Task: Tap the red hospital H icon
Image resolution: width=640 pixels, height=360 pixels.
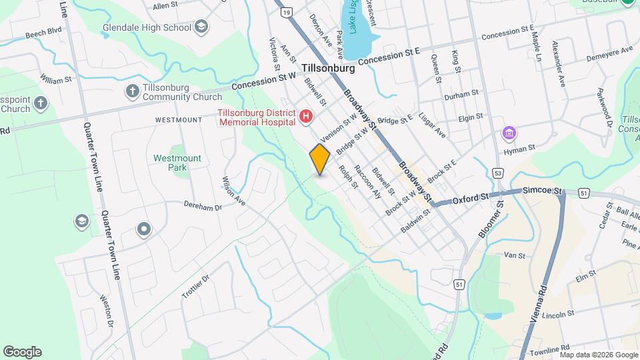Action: (306, 117)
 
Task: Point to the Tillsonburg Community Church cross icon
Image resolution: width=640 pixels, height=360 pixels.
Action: (132, 91)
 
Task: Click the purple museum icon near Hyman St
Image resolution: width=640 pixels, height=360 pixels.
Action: (510, 134)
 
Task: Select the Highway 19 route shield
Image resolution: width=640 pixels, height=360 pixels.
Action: (286, 13)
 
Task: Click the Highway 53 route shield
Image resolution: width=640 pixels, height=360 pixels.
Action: (498, 173)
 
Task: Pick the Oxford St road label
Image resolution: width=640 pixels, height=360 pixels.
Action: (471, 198)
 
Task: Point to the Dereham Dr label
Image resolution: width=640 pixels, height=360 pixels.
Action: (202, 207)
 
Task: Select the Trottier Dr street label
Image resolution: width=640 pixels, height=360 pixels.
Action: (195, 286)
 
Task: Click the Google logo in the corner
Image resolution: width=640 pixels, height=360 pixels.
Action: (22, 351)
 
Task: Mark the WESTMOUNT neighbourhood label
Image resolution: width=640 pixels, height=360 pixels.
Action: (178, 120)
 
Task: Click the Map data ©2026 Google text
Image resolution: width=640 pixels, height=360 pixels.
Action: (599, 355)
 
